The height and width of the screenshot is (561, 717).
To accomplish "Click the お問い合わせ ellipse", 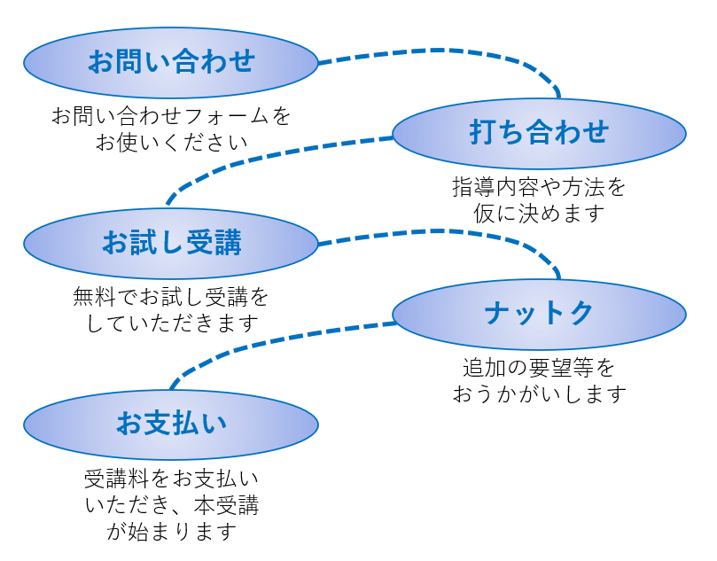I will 170,61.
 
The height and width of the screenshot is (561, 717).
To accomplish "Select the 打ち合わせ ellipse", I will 539,133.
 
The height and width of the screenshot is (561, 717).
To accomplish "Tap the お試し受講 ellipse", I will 170,243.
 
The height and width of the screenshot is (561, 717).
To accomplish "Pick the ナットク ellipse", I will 539,314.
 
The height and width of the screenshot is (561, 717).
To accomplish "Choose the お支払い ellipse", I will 170,424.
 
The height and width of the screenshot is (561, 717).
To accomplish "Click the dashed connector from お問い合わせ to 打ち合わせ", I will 443,51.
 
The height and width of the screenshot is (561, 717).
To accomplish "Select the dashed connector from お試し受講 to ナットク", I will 443,232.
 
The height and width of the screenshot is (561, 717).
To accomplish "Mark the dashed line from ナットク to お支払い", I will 266,341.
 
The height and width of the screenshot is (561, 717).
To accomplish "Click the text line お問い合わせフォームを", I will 171,116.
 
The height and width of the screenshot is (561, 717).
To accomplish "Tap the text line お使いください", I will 171,142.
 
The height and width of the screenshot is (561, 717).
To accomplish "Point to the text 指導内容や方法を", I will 539,188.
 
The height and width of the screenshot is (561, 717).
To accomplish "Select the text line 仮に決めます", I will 539,214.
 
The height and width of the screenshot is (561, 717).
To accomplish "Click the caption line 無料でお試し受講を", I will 171,297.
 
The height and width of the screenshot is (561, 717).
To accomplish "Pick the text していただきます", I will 171,323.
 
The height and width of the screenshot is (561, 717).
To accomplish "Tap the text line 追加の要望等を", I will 539,367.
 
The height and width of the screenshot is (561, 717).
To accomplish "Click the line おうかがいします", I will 539,393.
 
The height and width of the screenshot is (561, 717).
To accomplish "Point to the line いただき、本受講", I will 171,504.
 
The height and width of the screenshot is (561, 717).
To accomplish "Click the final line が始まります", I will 171,531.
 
